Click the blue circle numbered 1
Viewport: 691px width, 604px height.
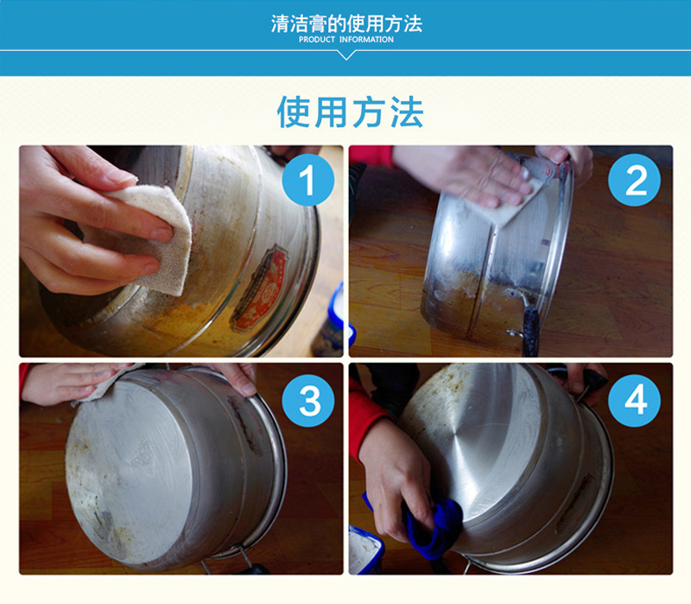tap(308, 180)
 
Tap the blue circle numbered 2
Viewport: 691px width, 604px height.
tap(634, 180)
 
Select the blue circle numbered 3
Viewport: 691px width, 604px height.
tap(308, 400)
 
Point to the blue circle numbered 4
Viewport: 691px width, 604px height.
tap(634, 400)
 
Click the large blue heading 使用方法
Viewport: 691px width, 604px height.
tap(351, 112)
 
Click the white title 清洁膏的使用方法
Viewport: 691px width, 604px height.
tap(346, 23)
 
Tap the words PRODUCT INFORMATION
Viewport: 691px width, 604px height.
tap(346, 39)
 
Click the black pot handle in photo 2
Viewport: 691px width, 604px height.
tap(530, 331)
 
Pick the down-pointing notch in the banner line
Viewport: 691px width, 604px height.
tap(346, 54)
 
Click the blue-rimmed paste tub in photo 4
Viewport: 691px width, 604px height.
tap(365, 550)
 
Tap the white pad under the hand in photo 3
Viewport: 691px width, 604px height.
tap(104, 384)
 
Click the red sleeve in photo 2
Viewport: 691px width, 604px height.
tap(371, 156)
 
